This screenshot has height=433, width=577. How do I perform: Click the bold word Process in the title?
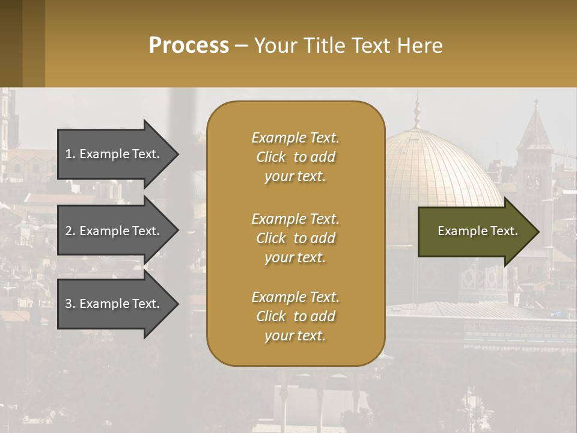189,46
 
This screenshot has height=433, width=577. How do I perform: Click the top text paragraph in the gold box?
295,157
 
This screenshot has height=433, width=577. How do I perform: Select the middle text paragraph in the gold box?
295,238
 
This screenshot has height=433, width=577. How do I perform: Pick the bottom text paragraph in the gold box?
295,316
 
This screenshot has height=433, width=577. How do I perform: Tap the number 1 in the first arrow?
69,154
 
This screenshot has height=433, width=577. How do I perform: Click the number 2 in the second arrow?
69,231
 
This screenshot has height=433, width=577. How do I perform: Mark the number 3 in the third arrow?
69,304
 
